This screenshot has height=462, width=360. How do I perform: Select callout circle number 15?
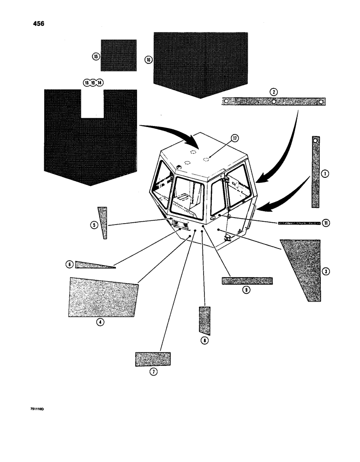tap(96, 56)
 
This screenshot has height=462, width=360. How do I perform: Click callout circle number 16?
tap(148, 60)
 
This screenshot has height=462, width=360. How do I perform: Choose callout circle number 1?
tap(325, 174)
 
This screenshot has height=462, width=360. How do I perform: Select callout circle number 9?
tap(246, 290)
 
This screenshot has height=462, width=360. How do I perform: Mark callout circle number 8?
tap(204, 340)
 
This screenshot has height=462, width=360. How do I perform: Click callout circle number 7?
tap(153, 371)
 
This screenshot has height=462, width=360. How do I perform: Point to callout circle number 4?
tap(100, 322)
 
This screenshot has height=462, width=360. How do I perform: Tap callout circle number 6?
tap(69, 265)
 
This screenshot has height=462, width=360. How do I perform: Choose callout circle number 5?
tap(94, 225)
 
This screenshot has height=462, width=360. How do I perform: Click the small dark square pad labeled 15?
tap(119, 55)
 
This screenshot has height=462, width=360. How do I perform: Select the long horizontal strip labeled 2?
tap(274, 102)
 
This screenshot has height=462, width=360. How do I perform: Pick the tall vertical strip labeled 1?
tap(315, 172)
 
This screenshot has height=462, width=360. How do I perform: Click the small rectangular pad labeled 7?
tap(153, 359)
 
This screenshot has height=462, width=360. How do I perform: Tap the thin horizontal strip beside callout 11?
tap(299, 223)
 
